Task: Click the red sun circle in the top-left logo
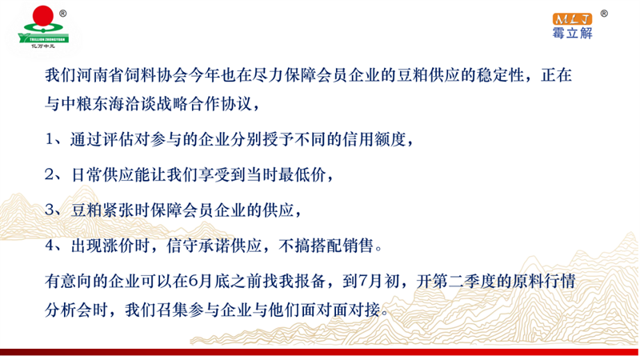coord(43,15)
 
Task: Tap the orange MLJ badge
coord(572,19)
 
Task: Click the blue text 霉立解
coord(572,33)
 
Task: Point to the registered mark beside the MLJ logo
coord(604,14)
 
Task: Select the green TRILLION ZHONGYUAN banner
coord(43,38)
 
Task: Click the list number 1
coord(50,139)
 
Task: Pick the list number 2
coord(50,175)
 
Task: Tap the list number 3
coord(50,210)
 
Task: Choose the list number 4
coord(50,246)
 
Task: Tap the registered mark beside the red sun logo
coord(63,14)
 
